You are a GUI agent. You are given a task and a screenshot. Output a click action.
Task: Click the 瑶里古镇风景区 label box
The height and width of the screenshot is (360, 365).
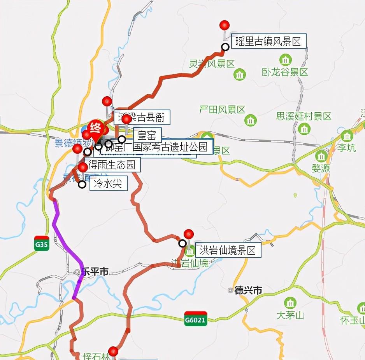point(269,42)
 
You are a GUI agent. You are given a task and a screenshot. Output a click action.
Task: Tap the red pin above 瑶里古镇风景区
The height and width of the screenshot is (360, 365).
point(225,26)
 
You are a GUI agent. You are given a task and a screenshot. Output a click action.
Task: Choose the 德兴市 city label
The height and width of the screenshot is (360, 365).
point(248,290)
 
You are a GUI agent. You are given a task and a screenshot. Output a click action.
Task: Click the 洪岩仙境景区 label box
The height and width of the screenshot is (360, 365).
point(228,250)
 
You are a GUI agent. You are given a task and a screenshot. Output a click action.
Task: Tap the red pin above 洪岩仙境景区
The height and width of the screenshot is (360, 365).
point(189,234)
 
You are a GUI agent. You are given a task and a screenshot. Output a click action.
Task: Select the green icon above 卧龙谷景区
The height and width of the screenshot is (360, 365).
point(286,60)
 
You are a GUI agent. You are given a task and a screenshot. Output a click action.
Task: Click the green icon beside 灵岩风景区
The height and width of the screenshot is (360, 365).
point(240,74)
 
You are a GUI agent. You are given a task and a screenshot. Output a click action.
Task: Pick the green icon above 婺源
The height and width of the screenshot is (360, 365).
point(321,157)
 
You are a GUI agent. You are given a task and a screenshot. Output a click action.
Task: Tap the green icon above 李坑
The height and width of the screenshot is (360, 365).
point(346,136)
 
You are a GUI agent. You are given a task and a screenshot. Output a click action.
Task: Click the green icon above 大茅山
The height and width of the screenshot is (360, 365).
point(290,303)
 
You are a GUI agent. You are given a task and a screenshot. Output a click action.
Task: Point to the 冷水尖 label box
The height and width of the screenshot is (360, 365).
point(109,184)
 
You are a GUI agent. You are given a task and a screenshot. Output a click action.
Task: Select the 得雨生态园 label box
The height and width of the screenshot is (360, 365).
point(112,165)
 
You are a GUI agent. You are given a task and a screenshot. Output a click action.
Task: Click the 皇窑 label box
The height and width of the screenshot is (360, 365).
point(147,135)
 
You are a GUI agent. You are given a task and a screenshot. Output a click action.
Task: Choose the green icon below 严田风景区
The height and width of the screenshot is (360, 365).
point(251,120)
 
